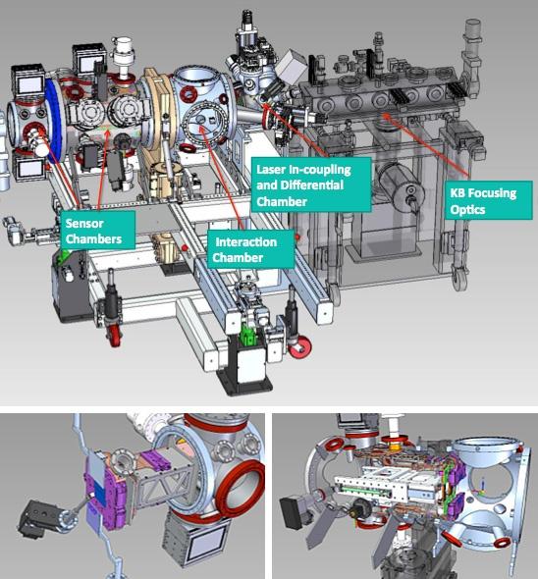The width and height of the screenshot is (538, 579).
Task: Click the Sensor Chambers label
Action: pyautogui.click(x=97, y=231)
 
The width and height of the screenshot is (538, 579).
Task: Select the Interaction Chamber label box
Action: pyautogui.click(x=251, y=249)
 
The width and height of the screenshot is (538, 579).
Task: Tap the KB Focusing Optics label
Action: pyautogui.click(x=489, y=200)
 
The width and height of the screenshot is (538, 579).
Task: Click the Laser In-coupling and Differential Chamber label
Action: pyautogui.click(x=311, y=184)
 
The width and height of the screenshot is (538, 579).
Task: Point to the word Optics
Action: pyautogui.click(x=467, y=210)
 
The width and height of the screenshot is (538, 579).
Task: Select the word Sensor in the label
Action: pyautogui.click(x=84, y=224)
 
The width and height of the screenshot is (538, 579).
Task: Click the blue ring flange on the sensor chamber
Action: pyautogui.click(x=55, y=120)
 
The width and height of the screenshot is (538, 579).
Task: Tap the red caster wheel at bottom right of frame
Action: pyautogui.click(x=299, y=346)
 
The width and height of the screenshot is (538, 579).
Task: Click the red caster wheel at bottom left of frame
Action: pyautogui.click(x=114, y=336)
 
